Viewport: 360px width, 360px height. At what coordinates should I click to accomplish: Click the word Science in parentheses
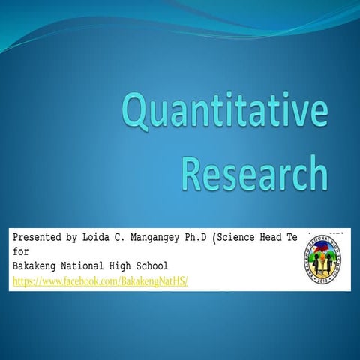[237, 238]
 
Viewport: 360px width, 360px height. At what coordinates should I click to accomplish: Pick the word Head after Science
[273, 238]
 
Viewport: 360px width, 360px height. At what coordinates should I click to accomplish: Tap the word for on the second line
[21, 251]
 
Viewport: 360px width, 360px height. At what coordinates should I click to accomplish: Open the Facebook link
[98, 280]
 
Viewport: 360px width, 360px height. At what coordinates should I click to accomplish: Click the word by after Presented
[71, 238]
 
